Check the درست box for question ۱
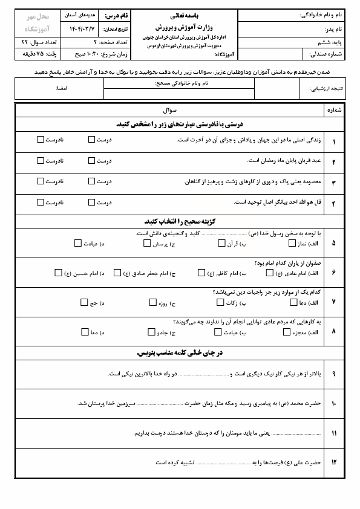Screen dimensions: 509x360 point(91,139)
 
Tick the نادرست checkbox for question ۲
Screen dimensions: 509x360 point(41,160)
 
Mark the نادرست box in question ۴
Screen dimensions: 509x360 point(41,203)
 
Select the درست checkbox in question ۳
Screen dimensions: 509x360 point(91,181)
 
